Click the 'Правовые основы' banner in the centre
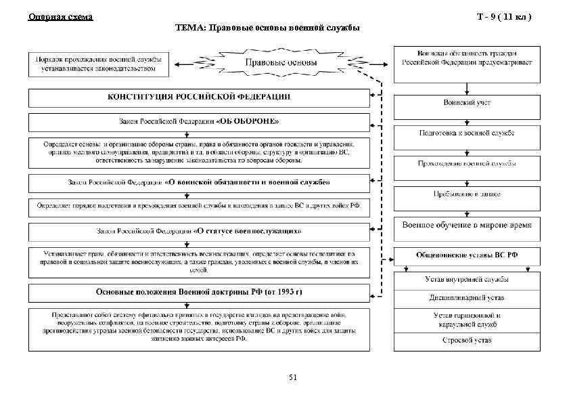tap(280, 63)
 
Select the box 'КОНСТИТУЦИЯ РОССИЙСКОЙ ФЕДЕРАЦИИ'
tap(199, 97)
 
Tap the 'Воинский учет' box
tap(468, 103)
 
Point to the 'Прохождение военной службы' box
tap(468, 164)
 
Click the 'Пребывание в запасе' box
tap(468, 194)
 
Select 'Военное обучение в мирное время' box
tap(468, 226)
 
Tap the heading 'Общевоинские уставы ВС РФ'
tap(468, 256)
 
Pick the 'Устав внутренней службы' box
tap(468, 279)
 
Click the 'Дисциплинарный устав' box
tap(468, 297)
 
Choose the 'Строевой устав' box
tap(468, 340)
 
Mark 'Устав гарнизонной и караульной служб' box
tap(468, 319)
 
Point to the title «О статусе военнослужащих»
tap(247, 230)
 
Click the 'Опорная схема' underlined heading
tap(60, 16)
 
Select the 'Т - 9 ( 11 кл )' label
tap(506, 16)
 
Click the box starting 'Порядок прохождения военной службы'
tap(95, 63)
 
